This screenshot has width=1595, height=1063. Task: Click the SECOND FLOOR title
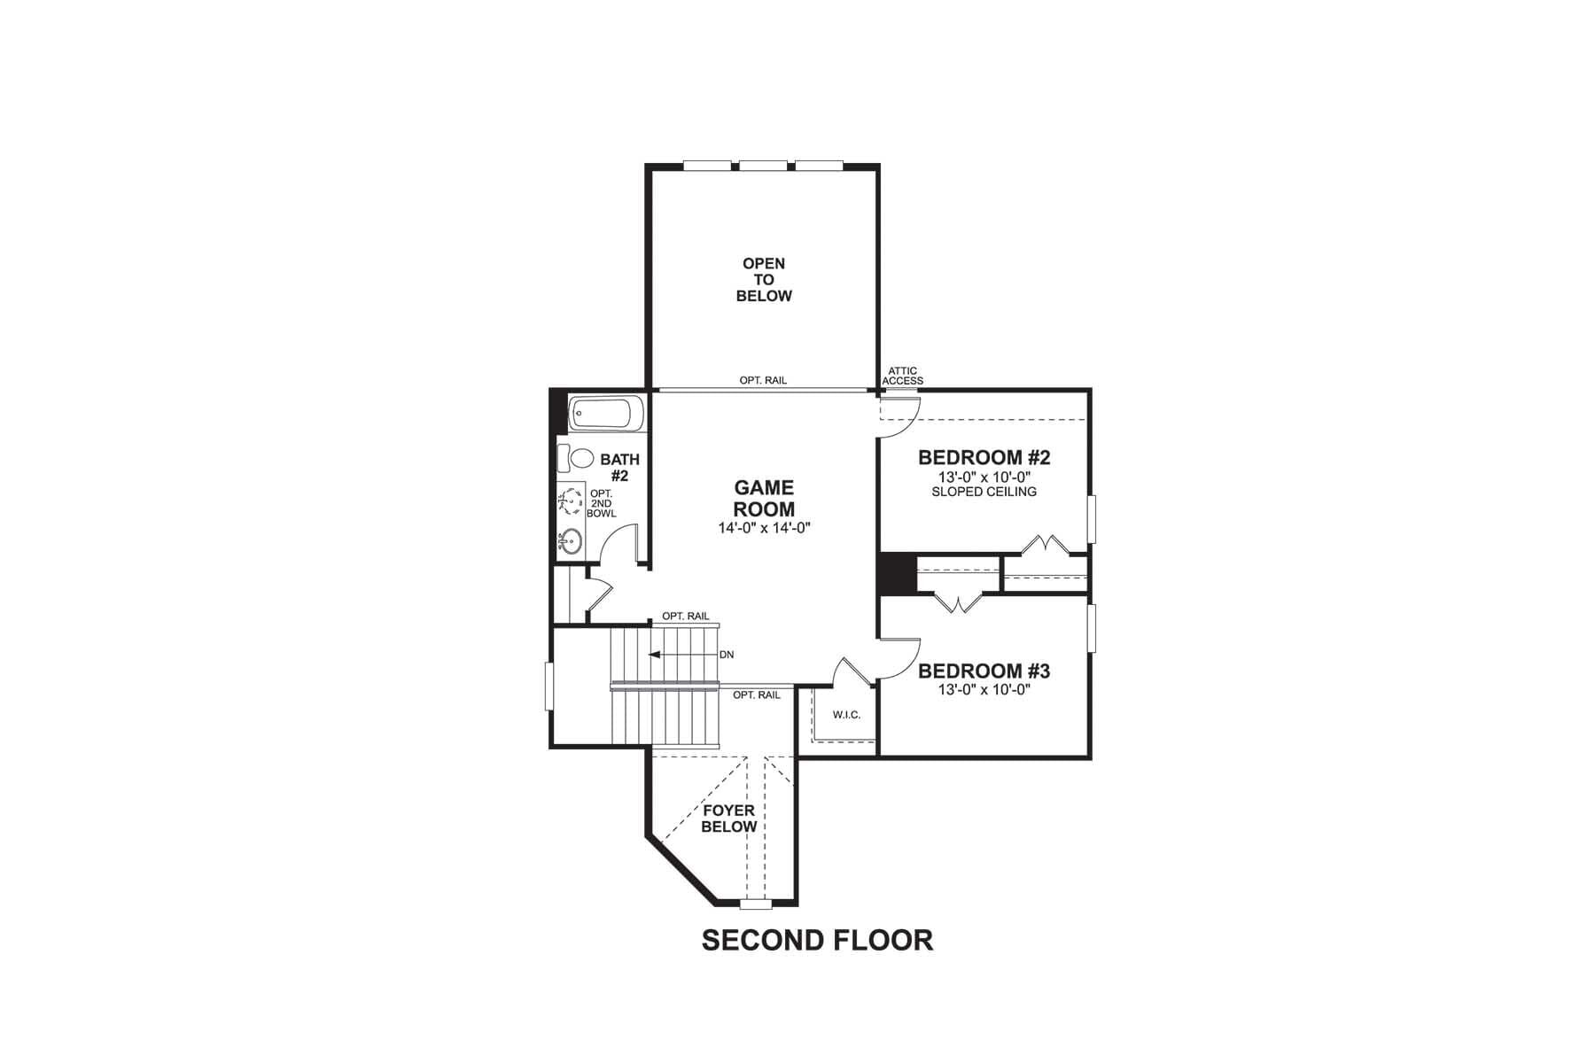(x=817, y=940)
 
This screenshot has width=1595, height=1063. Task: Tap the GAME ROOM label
(x=764, y=499)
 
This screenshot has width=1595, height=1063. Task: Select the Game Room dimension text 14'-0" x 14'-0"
(x=765, y=528)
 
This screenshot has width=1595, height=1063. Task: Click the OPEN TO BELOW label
(x=764, y=279)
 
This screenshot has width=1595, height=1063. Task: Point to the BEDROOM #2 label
(x=984, y=458)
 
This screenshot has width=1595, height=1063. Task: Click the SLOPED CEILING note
(x=984, y=492)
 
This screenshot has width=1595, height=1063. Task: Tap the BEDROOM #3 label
(x=984, y=671)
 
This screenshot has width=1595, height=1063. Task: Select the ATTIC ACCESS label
(x=902, y=376)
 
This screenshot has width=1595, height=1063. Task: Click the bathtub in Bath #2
(x=603, y=414)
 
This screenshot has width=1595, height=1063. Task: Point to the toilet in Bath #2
(x=576, y=459)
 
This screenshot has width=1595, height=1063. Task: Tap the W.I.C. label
(x=846, y=715)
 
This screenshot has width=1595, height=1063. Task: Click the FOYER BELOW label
(x=728, y=819)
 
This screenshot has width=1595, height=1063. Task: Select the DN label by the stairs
(x=727, y=655)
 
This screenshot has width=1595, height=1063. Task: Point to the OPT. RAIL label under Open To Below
(x=763, y=381)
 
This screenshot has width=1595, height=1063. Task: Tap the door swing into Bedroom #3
(x=899, y=660)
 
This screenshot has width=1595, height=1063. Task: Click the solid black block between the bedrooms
(x=896, y=573)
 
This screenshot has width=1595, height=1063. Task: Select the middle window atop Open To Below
(x=763, y=165)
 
